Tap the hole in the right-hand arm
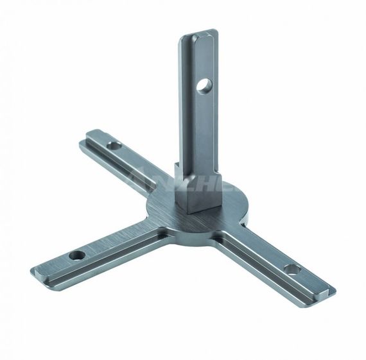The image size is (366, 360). [290, 269]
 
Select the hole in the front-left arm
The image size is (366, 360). [78, 255]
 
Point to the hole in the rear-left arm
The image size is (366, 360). [113, 146]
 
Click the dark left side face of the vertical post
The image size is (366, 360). [183, 109]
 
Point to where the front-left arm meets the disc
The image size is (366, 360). [150, 228]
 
